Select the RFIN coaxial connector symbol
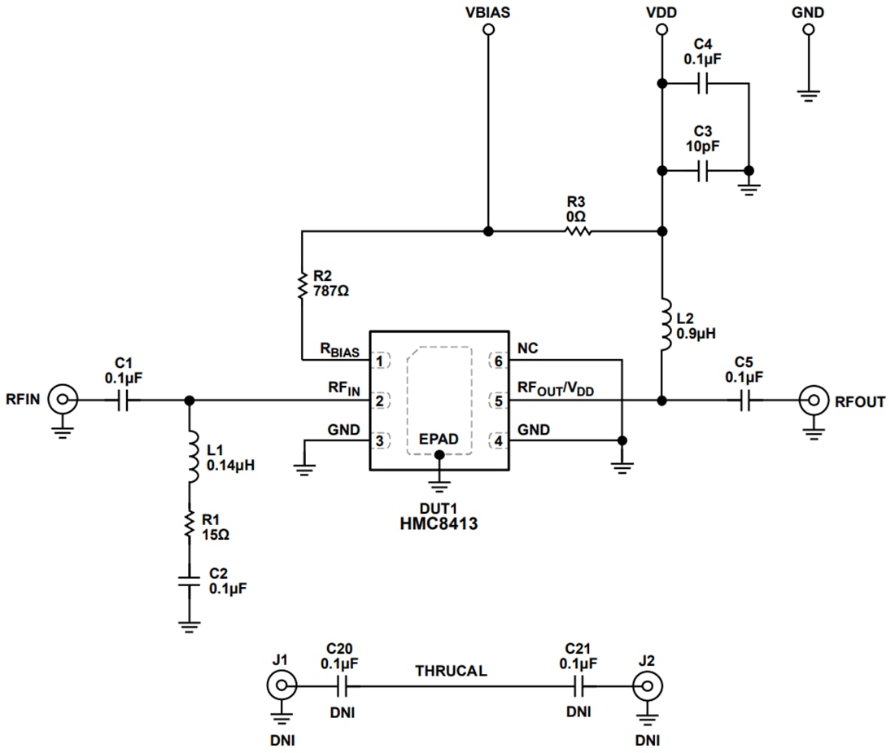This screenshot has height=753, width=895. click(62, 401)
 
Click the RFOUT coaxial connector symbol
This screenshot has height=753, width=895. click(812, 401)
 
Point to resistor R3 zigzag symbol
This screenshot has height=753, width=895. click(577, 232)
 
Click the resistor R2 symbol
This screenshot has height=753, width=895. click(302, 286)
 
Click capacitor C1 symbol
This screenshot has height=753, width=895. click(124, 401)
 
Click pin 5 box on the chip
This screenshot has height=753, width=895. click(497, 401)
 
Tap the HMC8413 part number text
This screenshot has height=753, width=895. click(439, 524)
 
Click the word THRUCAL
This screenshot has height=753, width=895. click(452, 671)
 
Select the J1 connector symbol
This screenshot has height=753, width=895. click(279, 686)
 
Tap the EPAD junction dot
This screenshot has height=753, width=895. click(440, 457)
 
